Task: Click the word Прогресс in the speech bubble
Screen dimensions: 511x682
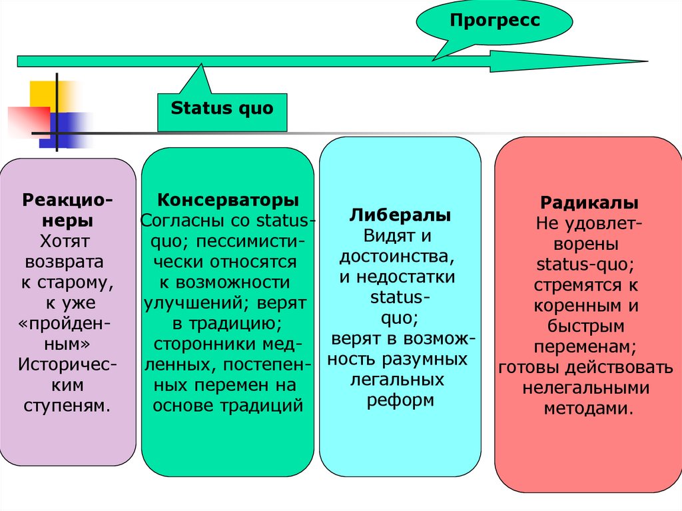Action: click(x=494, y=21)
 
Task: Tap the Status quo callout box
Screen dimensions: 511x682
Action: click(x=222, y=109)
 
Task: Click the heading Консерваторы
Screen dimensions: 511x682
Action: click(x=228, y=201)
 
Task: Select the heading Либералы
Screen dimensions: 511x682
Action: click(x=400, y=216)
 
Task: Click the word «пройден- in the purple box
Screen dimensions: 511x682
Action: click(x=65, y=323)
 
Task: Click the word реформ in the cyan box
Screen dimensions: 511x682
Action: click(x=400, y=401)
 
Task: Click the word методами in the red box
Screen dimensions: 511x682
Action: click(x=587, y=409)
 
